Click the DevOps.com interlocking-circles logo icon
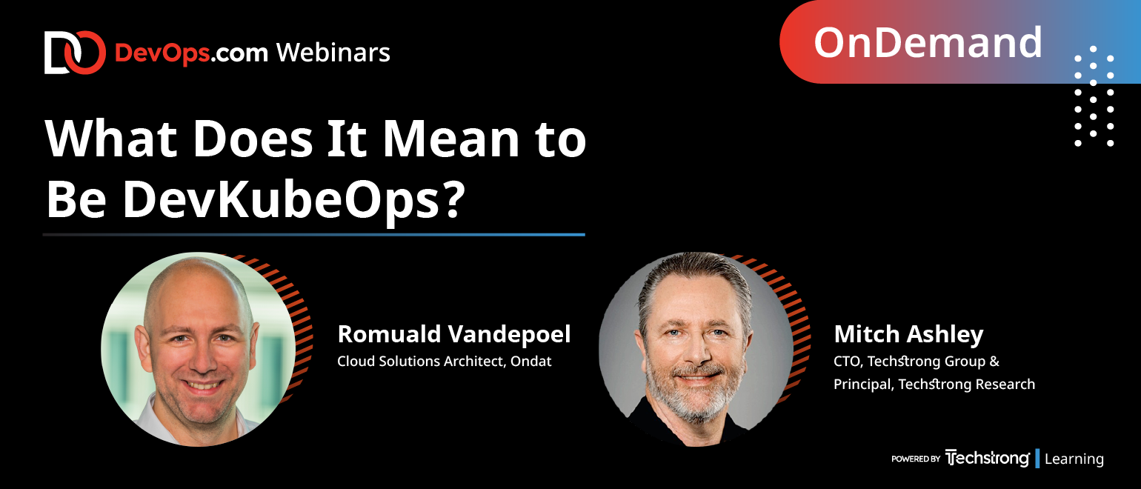[75, 53]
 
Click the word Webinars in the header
[333, 53]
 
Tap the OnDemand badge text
[928, 42]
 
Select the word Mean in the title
[450, 139]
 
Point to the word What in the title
[111, 139]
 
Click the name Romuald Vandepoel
[454, 334]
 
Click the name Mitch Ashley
[908, 335]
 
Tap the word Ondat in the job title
[530, 361]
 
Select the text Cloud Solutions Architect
[422, 361]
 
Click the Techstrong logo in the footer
[987, 458]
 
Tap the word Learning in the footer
[1074, 459]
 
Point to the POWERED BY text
[915, 459]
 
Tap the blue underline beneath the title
[314, 235]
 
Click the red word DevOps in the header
[162, 53]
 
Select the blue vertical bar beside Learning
[1037, 459]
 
